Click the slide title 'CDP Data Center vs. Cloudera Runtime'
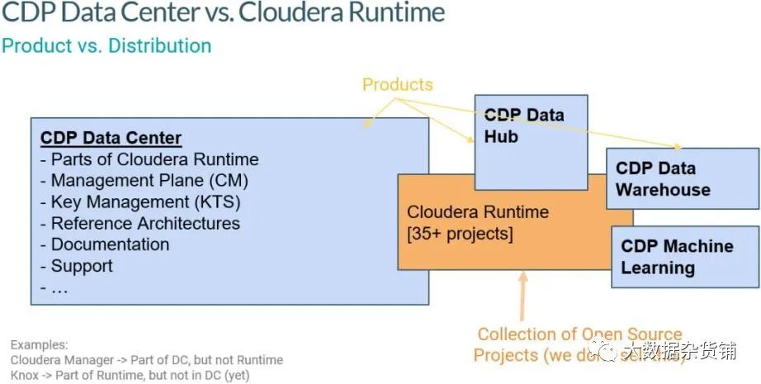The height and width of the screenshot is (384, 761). click(x=223, y=14)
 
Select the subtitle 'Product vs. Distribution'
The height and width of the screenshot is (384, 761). click(x=106, y=45)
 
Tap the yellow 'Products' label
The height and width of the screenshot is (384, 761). click(x=397, y=84)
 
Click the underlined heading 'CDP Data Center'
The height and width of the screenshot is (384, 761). click(x=111, y=138)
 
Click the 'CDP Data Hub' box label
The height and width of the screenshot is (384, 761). click(x=523, y=126)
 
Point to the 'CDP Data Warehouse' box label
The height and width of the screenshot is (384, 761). click(x=662, y=179)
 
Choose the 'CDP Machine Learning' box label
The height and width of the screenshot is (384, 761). click(x=676, y=257)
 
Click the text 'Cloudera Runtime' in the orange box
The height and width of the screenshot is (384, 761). click(x=477, y=212)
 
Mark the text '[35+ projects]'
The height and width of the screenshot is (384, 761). click(x=460, y=235)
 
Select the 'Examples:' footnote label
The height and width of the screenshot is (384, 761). click(x=39, y=344)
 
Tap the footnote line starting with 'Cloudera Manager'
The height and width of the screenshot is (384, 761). click(x=146, y=360)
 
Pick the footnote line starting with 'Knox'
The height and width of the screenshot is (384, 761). click(x=130, y=375)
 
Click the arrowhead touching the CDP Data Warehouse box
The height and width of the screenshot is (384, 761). click(x=677, y=147)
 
